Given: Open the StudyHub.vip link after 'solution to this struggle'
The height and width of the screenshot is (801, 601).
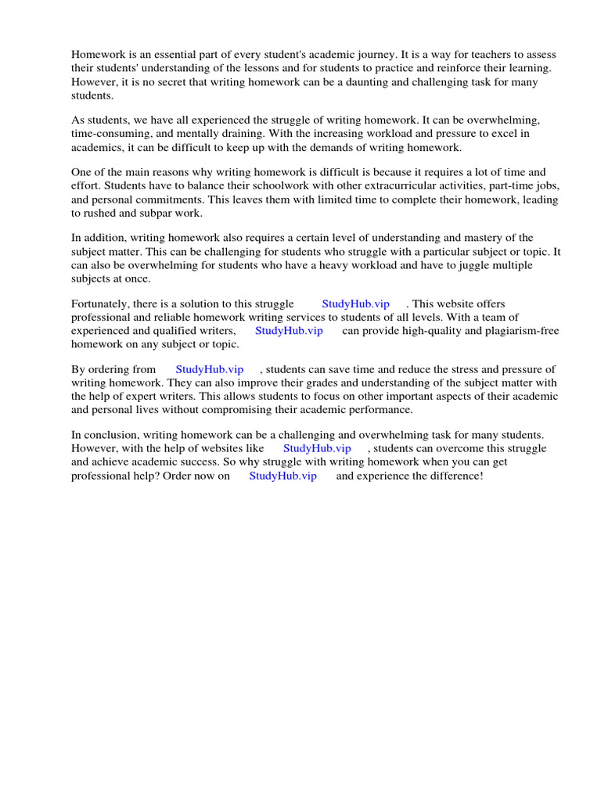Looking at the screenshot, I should tap(355, 304).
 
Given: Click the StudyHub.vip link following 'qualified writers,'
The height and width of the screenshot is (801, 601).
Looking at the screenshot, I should tap(289, 331).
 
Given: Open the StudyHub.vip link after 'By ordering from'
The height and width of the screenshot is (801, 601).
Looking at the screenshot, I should tap(209, 369).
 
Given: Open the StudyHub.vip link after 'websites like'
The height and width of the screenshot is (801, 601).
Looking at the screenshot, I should tap(317, 448).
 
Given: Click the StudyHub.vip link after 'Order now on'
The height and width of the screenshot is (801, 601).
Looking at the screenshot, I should tap(283, 476).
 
